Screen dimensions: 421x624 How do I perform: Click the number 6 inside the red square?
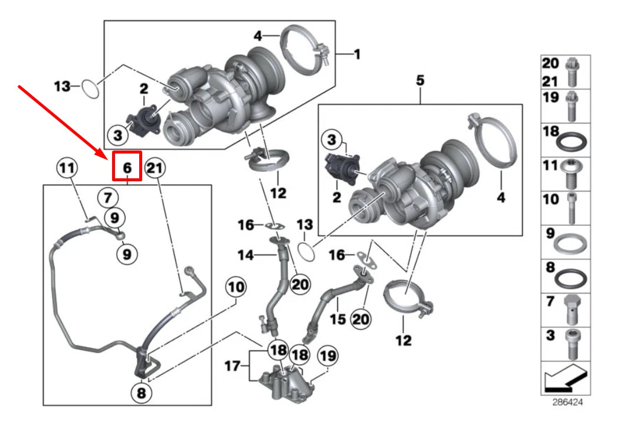point(127,167)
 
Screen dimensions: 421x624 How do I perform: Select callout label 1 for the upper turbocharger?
point(357,54)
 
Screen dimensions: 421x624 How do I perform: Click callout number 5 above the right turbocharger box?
point(420,80)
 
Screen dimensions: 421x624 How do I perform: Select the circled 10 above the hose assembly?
point(236,288)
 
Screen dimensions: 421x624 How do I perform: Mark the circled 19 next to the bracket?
point(328,355)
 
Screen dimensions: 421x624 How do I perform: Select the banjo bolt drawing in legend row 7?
point(572,308)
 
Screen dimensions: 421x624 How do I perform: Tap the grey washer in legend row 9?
point(573,242)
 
